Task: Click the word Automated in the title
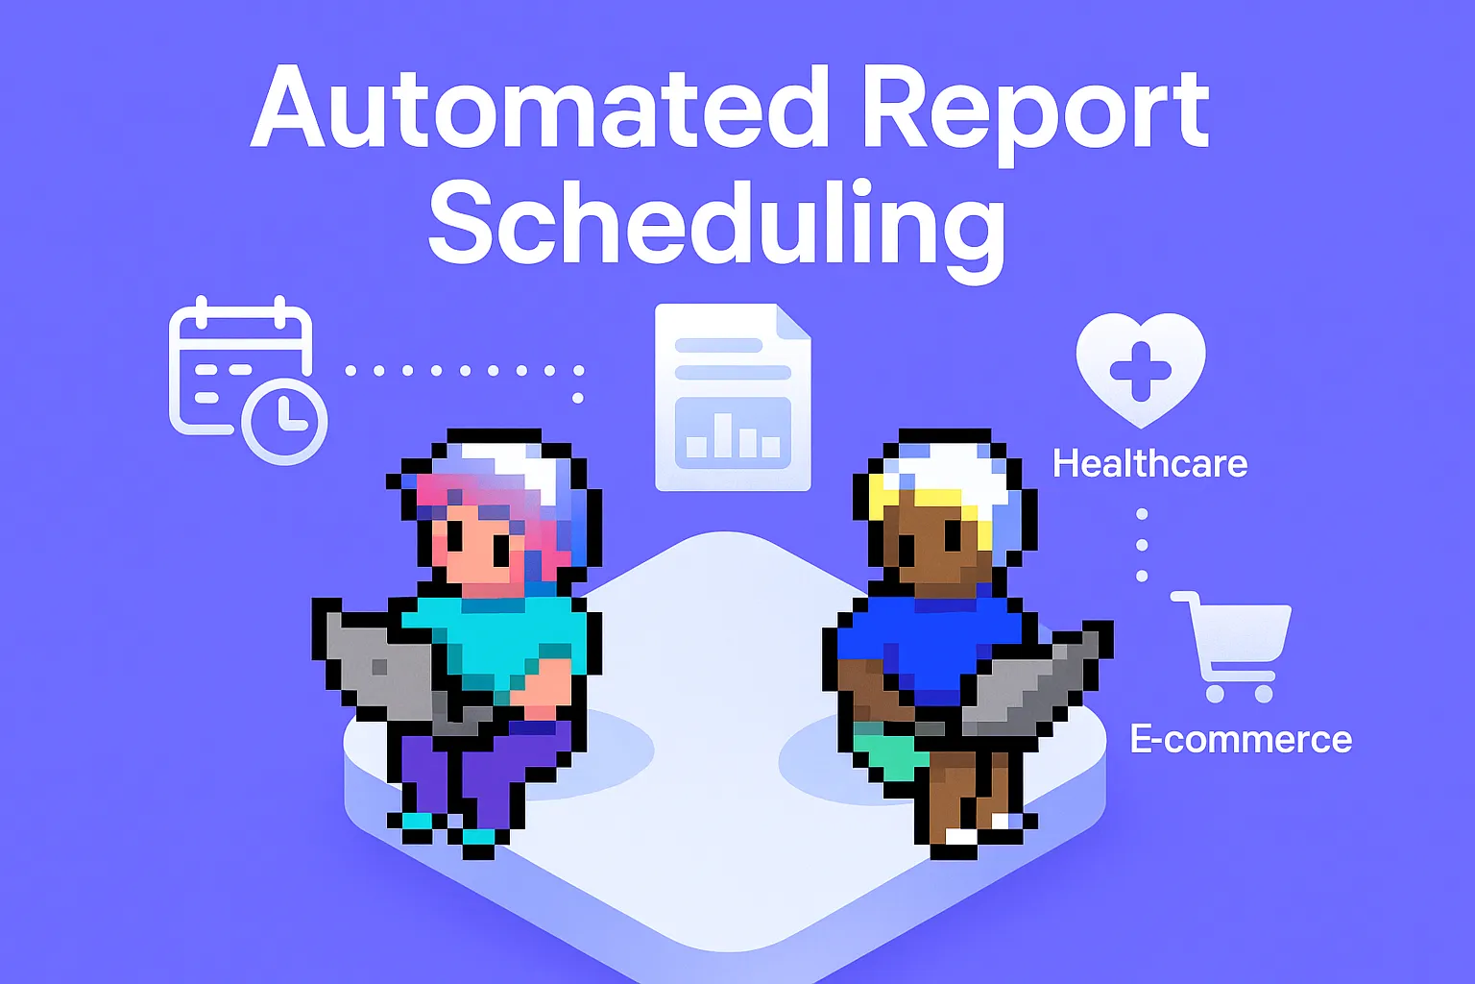539,108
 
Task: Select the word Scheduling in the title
716,223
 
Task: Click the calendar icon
240,370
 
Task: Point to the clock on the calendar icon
284,421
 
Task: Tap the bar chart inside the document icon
733,433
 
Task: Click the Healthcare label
1149,464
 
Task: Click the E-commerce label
1241,739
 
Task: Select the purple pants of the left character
480,769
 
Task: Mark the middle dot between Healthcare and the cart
1142,545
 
